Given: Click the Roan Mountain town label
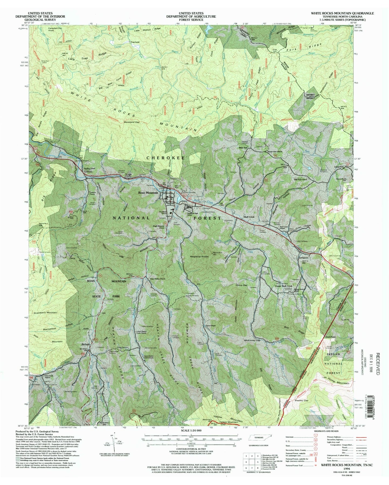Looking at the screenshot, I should (x=148, y=193).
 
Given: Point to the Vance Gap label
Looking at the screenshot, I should (x=241, y=285).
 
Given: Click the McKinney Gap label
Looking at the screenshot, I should (x=252, y=340).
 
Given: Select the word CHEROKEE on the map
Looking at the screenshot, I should (x=166, y=158).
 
